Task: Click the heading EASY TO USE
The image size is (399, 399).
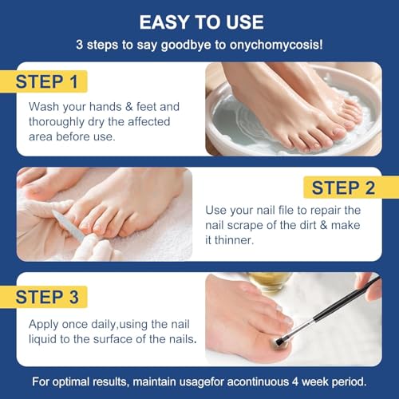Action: [x=199, y=21]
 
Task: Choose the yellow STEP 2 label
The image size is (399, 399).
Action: [x=342, y=188]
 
